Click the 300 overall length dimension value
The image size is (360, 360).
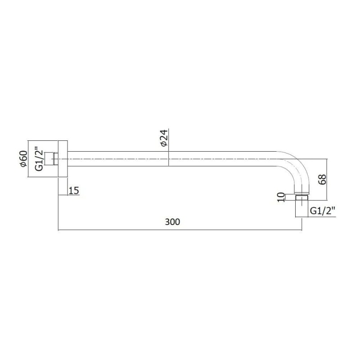click(x=172, y=222)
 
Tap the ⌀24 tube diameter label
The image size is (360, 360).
click(x=164, y=138)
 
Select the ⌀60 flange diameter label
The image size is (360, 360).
click(x=24, y=159)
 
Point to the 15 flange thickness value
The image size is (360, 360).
click(x=74, y=190)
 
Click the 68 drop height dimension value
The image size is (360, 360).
click(x=322, y=179)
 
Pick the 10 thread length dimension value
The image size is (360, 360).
click(x=281, y=198)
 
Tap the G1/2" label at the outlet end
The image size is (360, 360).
click(x=323, y=211)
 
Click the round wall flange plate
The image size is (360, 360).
click(x=63, y=159)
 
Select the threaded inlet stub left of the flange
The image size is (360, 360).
click(x=51, y=159)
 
